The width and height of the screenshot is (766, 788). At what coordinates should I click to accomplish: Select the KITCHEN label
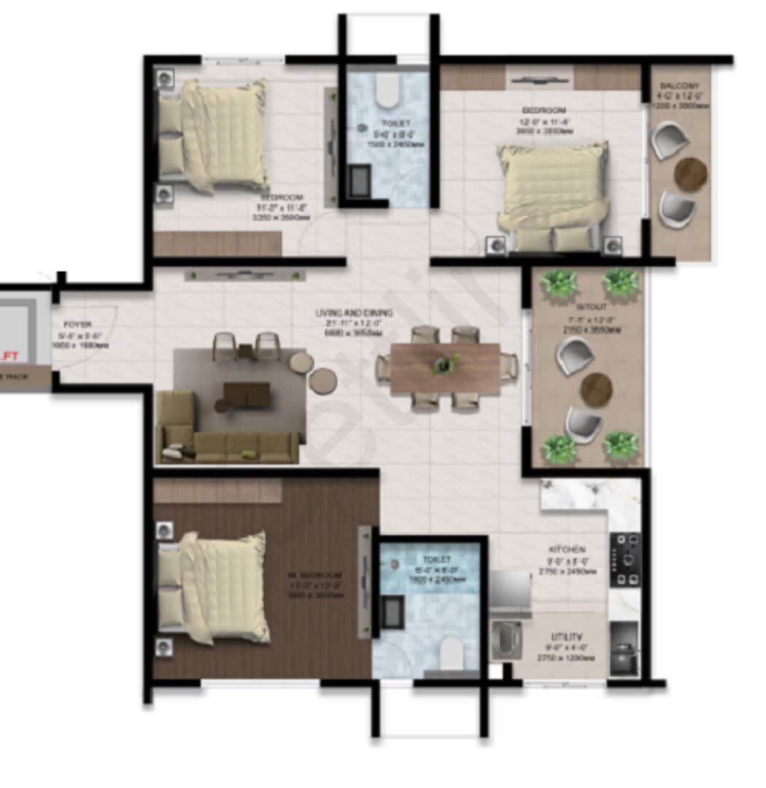coord(568,549)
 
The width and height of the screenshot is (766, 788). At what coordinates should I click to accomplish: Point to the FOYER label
coord(77,324)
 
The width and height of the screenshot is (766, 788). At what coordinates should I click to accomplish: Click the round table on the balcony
coord(690,174)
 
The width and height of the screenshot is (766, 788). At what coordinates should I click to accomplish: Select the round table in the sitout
coord(597,390)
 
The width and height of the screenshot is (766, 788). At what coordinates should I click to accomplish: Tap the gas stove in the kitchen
coord(625,560)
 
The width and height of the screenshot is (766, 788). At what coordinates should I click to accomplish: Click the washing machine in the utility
coord(504,638)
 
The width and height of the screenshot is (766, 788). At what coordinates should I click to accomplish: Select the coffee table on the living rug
coord(247,395)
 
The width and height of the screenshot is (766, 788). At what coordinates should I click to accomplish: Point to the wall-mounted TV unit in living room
coord(244,274)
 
